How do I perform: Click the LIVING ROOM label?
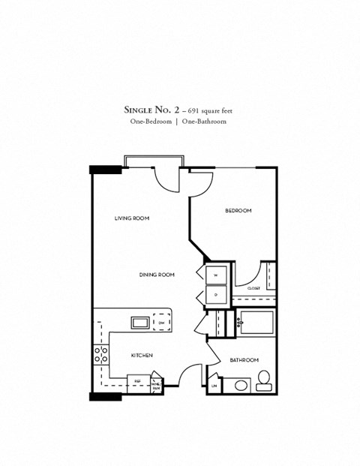131,218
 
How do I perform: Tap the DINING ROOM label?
156,275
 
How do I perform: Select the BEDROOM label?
238,211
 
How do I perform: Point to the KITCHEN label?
142,355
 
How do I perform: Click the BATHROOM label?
244,359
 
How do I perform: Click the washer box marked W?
215,275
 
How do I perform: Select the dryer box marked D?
215,294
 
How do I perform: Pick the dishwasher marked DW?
161,323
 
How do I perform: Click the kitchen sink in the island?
140,323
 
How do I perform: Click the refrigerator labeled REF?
138,381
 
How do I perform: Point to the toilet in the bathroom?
263,380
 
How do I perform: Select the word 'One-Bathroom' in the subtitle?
204,121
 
